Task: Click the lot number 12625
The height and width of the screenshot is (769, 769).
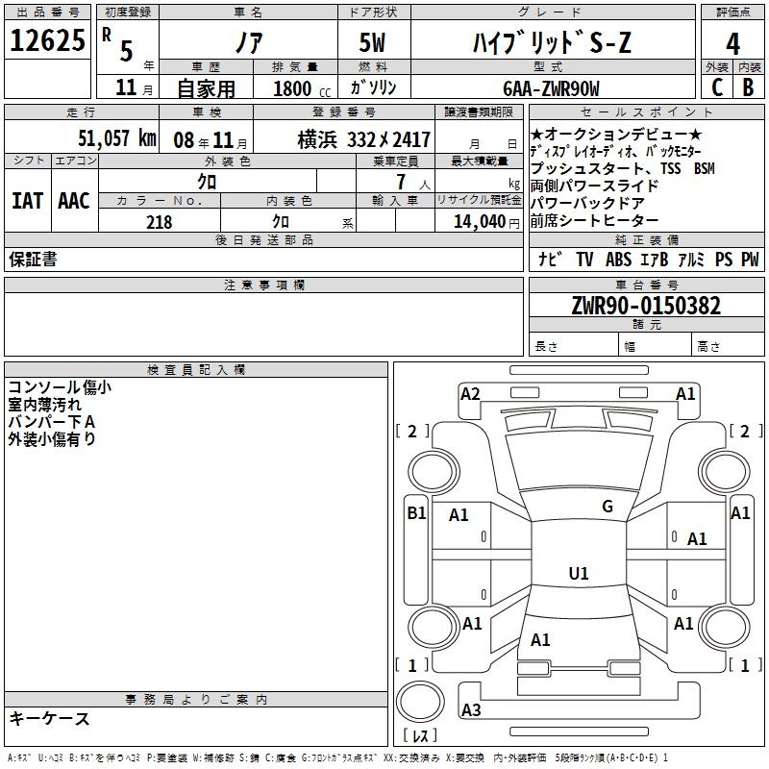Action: click(x=47, y=40)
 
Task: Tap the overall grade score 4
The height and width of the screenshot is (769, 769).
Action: click(x=732, y=44)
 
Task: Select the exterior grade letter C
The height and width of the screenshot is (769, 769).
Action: click(x=717, y=87)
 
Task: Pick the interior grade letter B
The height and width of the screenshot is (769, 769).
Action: click(x=748, y=87)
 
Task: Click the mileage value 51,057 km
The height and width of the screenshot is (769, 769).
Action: click(x=117, y=138)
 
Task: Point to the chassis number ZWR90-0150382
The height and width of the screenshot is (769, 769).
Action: click(x=646, y=306)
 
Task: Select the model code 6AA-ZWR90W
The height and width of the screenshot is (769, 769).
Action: click(x=551, y=88)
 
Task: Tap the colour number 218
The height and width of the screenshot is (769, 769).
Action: click(x=159, y=222)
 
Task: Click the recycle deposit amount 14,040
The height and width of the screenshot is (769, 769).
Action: click(x=480, y=222)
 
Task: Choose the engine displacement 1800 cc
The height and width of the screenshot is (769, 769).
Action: click(x=302, y=88)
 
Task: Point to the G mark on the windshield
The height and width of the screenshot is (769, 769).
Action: click(x=608, y=507)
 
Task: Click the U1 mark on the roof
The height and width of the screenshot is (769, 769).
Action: click(x=579, y=573)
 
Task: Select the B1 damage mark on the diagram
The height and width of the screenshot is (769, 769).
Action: click(x=416, y=513)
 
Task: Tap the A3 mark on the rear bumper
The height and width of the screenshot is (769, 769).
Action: click(x=471, y=709)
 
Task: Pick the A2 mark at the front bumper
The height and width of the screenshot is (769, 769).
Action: click(x=470, y=394)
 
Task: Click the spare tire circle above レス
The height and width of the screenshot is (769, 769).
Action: click(x=420, y=702)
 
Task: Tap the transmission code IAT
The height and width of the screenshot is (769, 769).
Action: click(x=27, y=201)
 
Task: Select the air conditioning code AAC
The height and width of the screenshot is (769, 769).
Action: click(x=74, y=201)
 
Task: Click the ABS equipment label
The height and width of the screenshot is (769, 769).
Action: click(x=618, y=259)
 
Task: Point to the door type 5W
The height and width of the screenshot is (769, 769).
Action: click(x=372, y=42)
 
